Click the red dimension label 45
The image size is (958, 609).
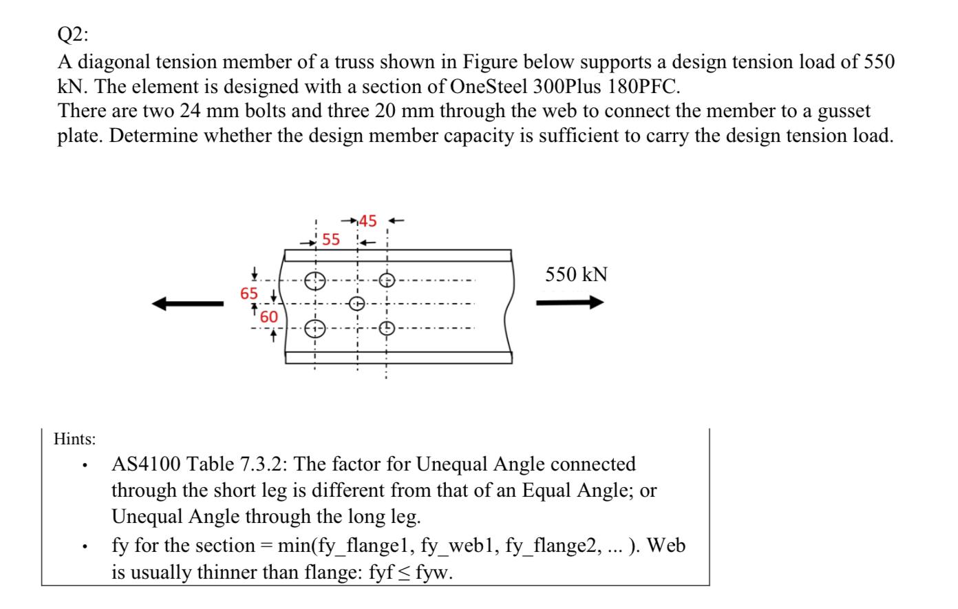pos(368,221)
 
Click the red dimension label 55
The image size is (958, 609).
pos(331,240)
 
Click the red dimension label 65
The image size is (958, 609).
pos(249,293)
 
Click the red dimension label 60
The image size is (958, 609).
pos(268,317)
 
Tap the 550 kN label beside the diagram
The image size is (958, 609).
pos(576,275)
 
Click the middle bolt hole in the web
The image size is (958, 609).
pos(356,303)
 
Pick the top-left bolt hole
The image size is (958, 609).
pos(315,280)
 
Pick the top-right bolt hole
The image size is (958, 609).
pos(387,280)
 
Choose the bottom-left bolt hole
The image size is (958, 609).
pos(315,329)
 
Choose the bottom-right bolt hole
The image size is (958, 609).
pos(387,329)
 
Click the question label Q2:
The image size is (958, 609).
pos(72,36)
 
